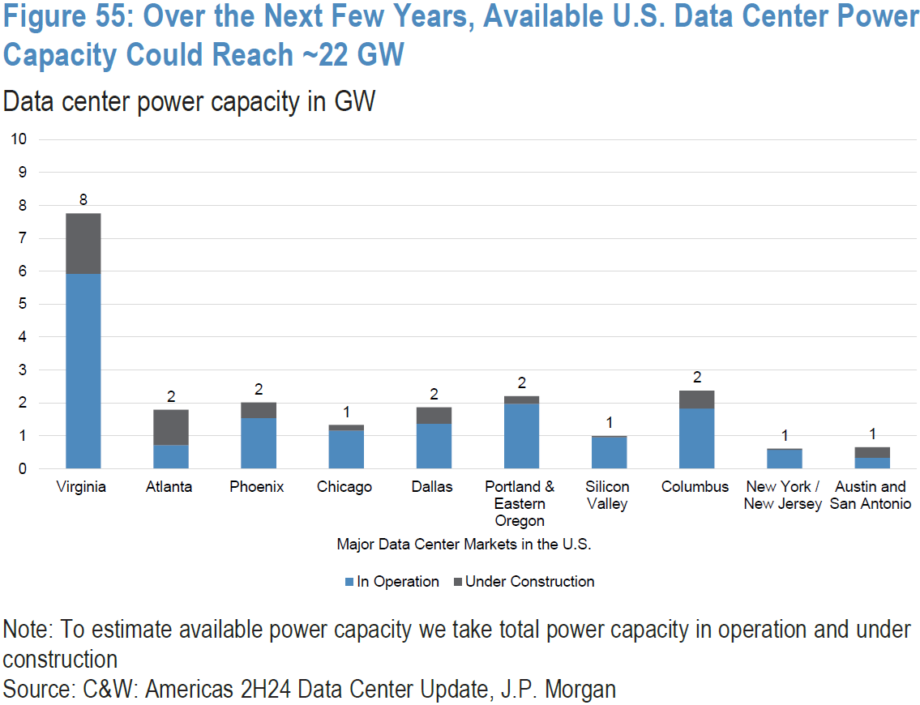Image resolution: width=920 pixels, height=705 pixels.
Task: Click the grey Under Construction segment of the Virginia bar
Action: pos(83,243)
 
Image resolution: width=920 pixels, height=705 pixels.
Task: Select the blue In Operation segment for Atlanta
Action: pos(171,456)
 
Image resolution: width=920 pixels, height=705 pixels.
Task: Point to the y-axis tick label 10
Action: pos(18,139)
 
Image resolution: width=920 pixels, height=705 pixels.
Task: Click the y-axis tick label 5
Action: pos(22,304)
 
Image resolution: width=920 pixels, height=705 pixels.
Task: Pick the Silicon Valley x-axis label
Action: pos(609,495)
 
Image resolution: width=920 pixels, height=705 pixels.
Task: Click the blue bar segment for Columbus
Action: pos(696,438)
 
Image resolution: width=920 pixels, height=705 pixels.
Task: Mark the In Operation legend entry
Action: pos(392,582)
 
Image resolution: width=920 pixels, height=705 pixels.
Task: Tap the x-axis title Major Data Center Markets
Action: pos(464,545)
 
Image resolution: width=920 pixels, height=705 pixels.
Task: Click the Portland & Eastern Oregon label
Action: pos(520,503)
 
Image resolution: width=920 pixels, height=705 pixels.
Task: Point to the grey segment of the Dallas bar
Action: pos(434,415)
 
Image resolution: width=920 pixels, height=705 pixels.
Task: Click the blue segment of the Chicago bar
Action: pos(346,449)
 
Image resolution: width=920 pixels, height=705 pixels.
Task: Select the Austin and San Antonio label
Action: pos(871,495)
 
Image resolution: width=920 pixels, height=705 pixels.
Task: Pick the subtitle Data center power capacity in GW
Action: pos(190,102)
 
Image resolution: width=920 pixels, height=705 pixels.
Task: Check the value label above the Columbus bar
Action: pos(697,378)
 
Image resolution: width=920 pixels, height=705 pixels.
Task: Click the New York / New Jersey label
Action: pos(783,495)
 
